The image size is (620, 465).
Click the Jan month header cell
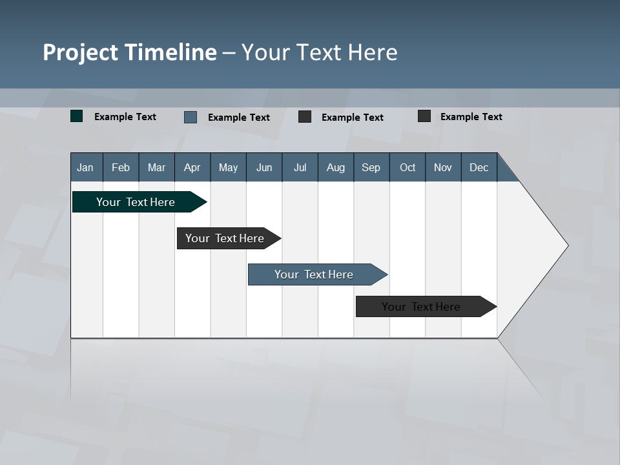(x=86, y=167)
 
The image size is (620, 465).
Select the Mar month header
(x=156, y=167)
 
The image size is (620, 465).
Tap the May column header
(x=228, y=167)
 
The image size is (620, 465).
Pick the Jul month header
(x=300, y=167)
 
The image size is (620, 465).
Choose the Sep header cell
(x=371, y=167)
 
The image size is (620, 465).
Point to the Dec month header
(x=479, y=167)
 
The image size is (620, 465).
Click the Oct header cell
(x=407, y=167)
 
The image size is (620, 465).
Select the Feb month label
(x=121, y=167)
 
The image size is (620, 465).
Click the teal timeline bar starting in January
(x=136, y=202)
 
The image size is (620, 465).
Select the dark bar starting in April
(x=225, y=238)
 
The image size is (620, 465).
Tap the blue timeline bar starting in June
(x=314, y=274)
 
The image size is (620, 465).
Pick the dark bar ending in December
(x=421, y=307)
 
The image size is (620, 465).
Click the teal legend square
(x=77, y=116)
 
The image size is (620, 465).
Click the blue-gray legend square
(x=191, y=117)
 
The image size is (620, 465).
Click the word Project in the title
(x=80, y=52)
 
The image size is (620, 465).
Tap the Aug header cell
(x=335, y=167)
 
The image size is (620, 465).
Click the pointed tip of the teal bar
(x=205, y=202)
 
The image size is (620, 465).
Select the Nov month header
(x=442, y=167)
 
